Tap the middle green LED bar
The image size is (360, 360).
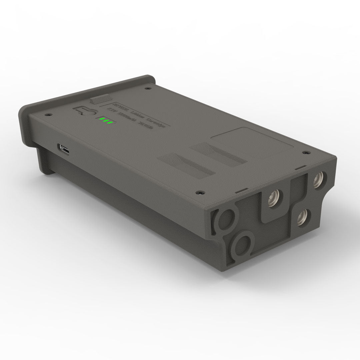[x=105, y=121]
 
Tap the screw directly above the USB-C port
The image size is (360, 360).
[x=48, y=114]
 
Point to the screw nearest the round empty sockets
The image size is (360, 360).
[x=200, y=192]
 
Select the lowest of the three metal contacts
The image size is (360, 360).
[x=302, y=219]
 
